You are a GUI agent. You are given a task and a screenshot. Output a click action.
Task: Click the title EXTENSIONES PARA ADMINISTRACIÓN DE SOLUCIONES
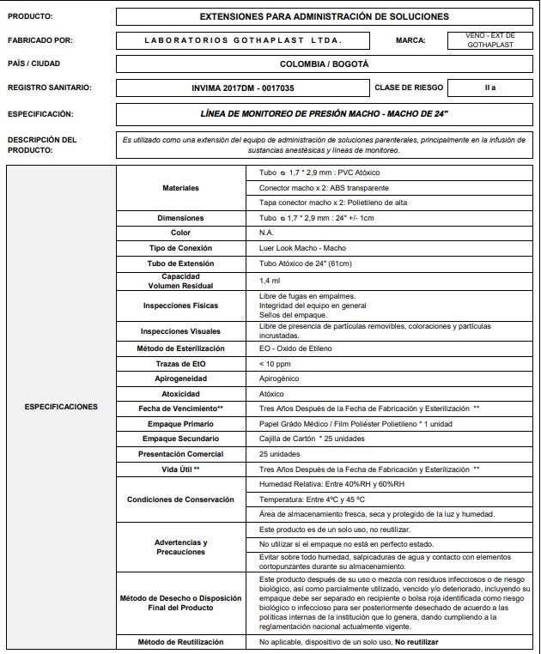[x=324, y=16]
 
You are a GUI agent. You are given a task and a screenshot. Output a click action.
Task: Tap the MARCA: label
[x=410, y=40]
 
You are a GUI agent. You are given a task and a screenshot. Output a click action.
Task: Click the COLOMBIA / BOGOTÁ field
[x=324, y=64]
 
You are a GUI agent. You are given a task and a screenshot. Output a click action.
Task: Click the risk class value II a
[x=489, y=88]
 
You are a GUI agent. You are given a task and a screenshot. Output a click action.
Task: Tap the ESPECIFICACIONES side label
[x=60, y=407]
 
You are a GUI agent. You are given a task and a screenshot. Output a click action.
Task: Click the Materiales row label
[x=180, y=188]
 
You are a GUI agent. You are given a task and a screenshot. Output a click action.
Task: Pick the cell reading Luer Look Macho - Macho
[x=302, y=248]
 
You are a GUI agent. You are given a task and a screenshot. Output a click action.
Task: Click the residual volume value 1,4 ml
[x=270, y=281]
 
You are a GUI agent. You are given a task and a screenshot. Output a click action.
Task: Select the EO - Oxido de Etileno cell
[x=295, y=348]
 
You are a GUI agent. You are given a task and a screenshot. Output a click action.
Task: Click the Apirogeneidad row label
[x=180, y=378]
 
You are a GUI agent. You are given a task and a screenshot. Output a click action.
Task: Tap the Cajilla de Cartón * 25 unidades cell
[x=312, y=439]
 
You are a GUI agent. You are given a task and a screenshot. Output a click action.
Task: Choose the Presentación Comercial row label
[x=180, y=454]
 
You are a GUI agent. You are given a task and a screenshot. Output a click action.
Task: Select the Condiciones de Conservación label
[x=180, y=500]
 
